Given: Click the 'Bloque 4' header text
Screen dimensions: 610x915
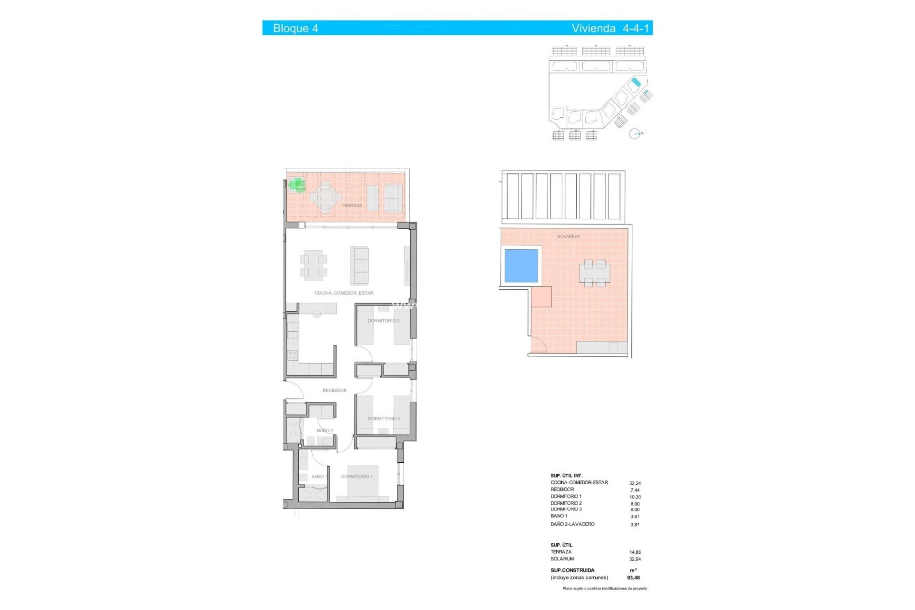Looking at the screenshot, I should [x=295, y=28].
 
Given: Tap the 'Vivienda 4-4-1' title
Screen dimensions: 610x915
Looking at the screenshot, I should [x=610, y=28].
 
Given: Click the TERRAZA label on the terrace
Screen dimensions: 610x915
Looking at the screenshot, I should [x=352, y=205].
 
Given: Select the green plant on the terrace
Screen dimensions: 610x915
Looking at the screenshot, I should [x=297, y=184].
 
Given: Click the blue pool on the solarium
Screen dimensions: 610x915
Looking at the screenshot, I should [x=521, y=266].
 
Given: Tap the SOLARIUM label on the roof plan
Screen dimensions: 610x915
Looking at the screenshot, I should [x=568, y=236].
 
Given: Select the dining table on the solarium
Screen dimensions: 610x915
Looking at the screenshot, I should [x=594, y=273].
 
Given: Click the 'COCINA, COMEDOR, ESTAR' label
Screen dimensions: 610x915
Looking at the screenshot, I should [x=344, y=293].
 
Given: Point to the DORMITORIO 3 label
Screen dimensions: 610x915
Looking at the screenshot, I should [x=383, y=321].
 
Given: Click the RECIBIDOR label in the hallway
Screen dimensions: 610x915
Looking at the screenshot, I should [x=335, y=390].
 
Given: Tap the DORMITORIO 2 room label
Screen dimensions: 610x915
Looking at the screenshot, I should [x=384, y=418].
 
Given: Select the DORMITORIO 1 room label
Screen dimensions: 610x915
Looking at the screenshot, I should [x=356, y=477].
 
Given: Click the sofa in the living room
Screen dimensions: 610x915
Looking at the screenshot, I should [x=360, y=265].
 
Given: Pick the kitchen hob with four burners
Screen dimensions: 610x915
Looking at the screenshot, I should [x=292, y=355].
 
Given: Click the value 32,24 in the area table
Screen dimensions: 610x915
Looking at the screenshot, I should [x=635, y=483].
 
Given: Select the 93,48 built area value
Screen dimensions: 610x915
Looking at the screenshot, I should [x=633, y=578].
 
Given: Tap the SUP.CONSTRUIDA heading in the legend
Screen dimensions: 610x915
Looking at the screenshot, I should [x=572, y=570].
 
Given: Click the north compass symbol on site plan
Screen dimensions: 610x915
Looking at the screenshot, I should [x=635, y=134].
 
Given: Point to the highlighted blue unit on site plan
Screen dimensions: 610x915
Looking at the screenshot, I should [x=634, y=83].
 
